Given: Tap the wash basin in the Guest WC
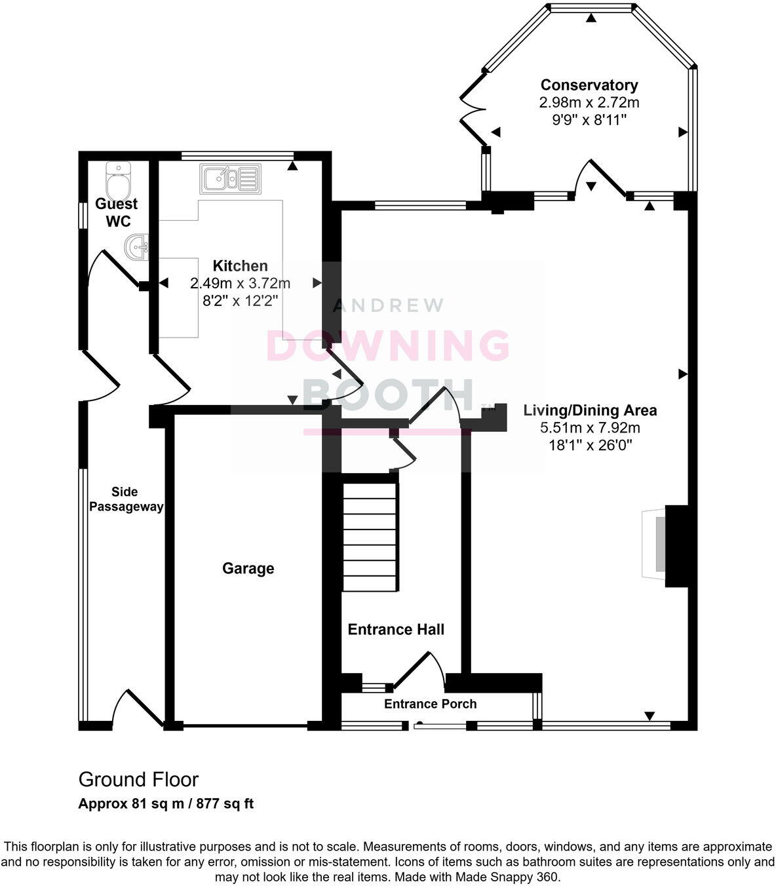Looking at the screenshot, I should (137, 248).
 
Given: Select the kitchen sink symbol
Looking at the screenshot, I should (230, 179).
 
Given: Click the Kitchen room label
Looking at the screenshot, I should (240, 266).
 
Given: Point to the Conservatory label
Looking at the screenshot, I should (589, 85).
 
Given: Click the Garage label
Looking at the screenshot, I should (248, 568).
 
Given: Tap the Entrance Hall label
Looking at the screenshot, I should (396, 630).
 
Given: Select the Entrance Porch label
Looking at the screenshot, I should (430, 704).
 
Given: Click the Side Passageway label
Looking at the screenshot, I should (126, 499).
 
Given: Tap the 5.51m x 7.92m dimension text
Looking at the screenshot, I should (589, 428).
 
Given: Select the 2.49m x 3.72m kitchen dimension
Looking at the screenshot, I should (240, 284).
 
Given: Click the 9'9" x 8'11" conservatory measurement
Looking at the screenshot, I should (589, 120).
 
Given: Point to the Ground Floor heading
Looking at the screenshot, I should (138, 780).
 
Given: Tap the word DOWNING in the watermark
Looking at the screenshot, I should (388, 345).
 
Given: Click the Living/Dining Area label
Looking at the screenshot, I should (589, 411).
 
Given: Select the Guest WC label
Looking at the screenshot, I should (117, 212).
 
